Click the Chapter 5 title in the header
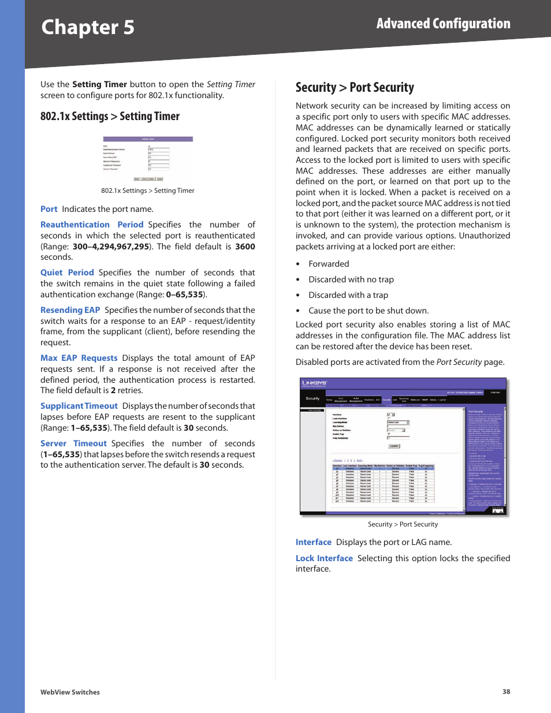tap(88, 27)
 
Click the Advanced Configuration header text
tap(443, 24)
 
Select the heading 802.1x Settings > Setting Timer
tap(110, 116)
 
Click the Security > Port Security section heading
tap(355, 88)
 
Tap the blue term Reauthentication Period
tap(91, 225)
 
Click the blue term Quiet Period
tap(67, 272)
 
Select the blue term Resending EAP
tap(70, 310)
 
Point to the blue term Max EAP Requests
tap(79, 358)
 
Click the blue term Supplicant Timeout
tap(79, 406)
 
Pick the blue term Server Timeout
tap(73, 443)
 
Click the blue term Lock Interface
tap(324, 558)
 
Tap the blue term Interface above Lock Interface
tap(314, 542)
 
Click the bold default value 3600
tap(245, 247)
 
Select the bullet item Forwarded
tap(329, 264)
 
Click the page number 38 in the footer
tap(506, 692)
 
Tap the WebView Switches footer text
tap(70, 692)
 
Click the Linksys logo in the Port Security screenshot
tap(314, 383)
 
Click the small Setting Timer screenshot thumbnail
tap(148, 159)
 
